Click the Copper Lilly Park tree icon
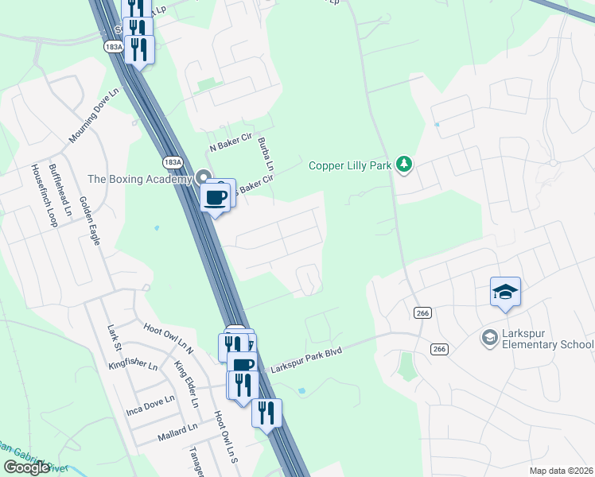[x=405, y=165]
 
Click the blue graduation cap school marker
[x=505, y=293]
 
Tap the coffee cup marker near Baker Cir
[x=216, y=198]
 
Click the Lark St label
[x=114, y=337]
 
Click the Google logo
[x=26, y=467]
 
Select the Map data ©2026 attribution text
[x=561, y=471]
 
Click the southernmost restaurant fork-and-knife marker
[x=267, y=412]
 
